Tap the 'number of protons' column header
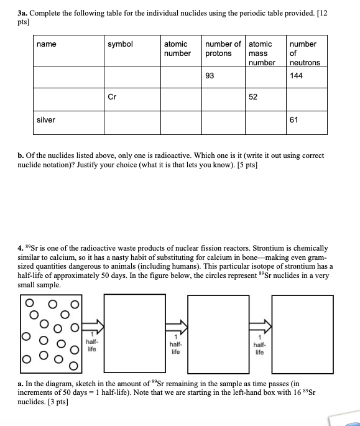(223, 49)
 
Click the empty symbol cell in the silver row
(132, 122)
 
